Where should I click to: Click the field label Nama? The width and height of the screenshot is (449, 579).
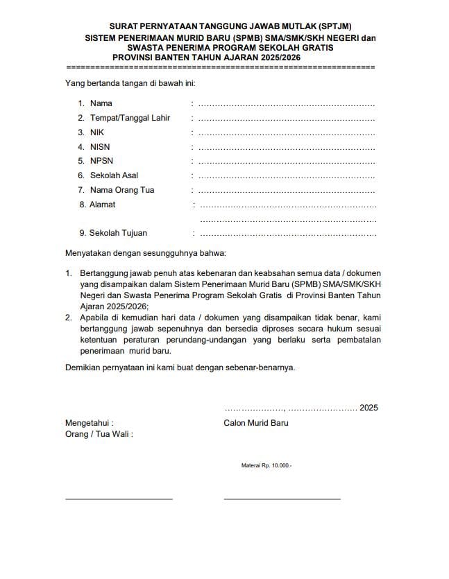coord(101,103)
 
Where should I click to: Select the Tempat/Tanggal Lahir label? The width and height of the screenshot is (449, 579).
coord(130,118)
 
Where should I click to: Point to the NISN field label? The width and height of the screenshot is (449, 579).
coord(100,147)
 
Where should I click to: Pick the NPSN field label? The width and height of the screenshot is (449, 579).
coord(101,161)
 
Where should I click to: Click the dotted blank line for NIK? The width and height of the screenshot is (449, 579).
coord(287,133)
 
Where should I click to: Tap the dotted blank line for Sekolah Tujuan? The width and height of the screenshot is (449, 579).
coord(288,234)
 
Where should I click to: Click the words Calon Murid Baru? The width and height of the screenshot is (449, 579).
coord(256,423)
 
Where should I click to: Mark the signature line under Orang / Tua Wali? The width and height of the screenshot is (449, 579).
coord(119,499)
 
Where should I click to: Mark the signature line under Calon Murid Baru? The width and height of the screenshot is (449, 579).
coord(282,499)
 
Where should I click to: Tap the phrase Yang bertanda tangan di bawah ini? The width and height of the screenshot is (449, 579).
coord(130,84)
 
